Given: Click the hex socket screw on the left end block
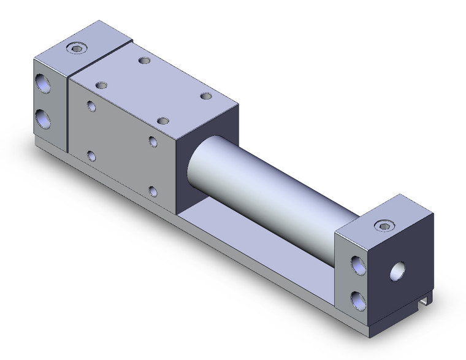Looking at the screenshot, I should point(76,47).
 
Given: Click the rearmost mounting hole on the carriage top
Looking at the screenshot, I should point(144,61).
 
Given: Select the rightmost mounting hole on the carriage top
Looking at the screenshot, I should point(205,96).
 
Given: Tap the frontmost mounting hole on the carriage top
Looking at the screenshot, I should point(163,121).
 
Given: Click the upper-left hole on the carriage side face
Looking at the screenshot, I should point(91,107).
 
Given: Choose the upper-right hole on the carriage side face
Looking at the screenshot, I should point(153,142).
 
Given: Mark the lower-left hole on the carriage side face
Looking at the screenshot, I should point(91,156).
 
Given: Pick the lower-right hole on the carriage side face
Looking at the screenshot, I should point(153,192).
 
